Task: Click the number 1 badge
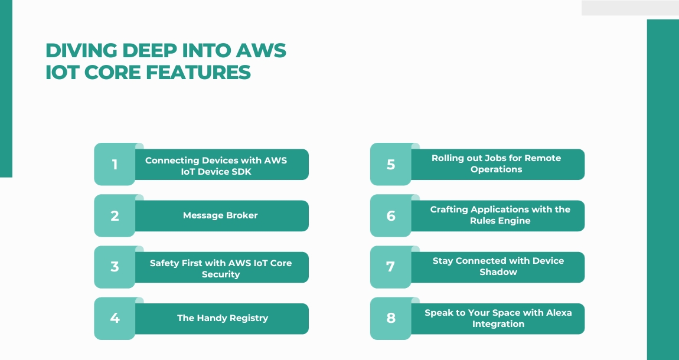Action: tap(115, 164)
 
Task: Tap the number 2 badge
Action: tap(115, 215)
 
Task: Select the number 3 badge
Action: tap(115, 267)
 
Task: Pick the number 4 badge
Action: tap(115, 318)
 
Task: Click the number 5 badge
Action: tap(390, 164)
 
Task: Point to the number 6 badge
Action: tap(390, 215)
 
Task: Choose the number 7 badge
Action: tap(390, 267)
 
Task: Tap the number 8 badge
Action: tap(390, 318)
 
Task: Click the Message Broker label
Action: tap(220, 215)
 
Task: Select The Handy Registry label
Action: tap(223, 318)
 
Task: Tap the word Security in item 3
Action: tap(221, 274)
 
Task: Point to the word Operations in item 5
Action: tap(497, 169)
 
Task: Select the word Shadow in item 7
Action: tap(498, 272)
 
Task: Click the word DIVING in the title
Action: tap(76, 51)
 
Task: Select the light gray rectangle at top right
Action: tap(630, 8)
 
